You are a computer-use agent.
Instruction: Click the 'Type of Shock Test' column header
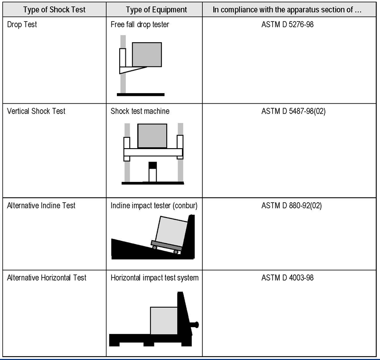pos(54,9)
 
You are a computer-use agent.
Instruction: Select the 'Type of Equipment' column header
pos(156,9)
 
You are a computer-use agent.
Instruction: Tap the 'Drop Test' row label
pos(22,25)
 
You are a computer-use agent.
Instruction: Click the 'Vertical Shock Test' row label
pos(36,111)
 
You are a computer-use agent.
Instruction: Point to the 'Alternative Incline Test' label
pos(41,206)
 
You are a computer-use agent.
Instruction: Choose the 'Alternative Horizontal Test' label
pos(47,278)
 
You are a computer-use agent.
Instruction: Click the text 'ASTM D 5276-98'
pos(287,25)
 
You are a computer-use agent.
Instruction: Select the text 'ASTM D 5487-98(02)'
pos(294,111)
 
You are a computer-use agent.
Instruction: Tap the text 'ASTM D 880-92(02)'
pos(292,206)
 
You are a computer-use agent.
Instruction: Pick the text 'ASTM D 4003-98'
pos(287,278)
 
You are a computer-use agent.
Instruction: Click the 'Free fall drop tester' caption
pos(140,25)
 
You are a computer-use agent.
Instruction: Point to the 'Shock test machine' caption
pos(140,111)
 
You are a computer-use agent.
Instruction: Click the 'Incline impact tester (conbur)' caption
pos(154,206)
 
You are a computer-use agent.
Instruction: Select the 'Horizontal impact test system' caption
pos(155,278)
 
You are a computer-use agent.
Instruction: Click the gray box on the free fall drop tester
pos(147,55)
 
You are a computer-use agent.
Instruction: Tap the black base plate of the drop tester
pos(141,95)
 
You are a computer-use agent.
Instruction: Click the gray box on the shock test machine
pos(152,136)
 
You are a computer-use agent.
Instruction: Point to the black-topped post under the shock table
pos(152,171)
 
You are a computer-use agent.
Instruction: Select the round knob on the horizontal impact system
pos(196,325)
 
